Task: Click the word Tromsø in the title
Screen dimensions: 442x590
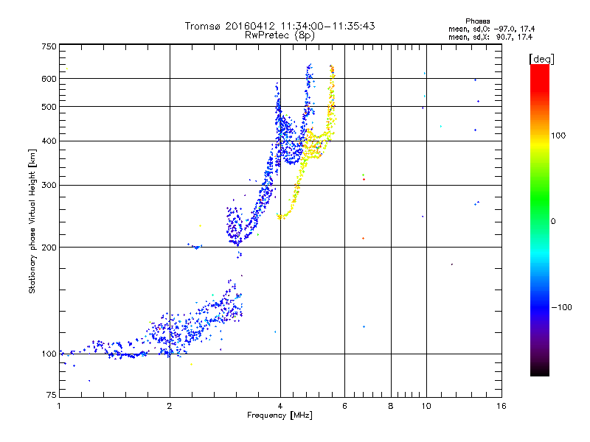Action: click(x=206, y=26)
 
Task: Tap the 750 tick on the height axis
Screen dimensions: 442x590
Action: click(x=49, y=46)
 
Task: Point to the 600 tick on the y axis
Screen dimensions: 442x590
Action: click(x=49, y=79)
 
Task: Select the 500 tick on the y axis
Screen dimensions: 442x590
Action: click(x=49, y=107)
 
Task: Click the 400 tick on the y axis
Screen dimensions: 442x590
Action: click(x=49, y=141)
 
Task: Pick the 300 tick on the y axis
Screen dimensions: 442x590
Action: click(x=49, y=185)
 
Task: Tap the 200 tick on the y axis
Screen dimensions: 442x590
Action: click(x=49, y=248)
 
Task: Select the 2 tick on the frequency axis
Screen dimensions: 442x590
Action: click(x=170, y=407)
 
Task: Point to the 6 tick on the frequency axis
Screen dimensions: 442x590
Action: click(x=345, y=407)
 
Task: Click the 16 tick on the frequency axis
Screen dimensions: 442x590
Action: click(x=501, y=407)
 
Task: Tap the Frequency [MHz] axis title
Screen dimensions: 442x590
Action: click(x=280, y=416)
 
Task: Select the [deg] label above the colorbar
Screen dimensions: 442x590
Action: click(x=542, y=58)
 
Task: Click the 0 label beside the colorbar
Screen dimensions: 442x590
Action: click(x=553, y=221)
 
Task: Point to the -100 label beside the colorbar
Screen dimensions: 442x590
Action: click(x=561, y=307)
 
